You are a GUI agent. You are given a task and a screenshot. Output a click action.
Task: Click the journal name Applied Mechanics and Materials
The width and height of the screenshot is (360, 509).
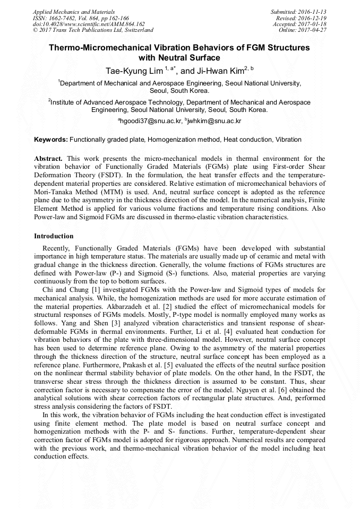coord(73,11)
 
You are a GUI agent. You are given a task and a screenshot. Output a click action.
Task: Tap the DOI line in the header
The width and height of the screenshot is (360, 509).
coord(89,24)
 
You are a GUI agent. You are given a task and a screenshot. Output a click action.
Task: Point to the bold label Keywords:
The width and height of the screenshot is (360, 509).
coord(51,140)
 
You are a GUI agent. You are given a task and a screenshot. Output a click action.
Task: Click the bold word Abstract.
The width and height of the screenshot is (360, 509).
coord(48,159)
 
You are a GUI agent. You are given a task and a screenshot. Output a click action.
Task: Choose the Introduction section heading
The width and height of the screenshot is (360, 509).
coord(54,236)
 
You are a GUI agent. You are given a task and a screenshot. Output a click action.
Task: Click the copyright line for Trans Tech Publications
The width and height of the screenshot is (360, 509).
coord(93,30)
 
